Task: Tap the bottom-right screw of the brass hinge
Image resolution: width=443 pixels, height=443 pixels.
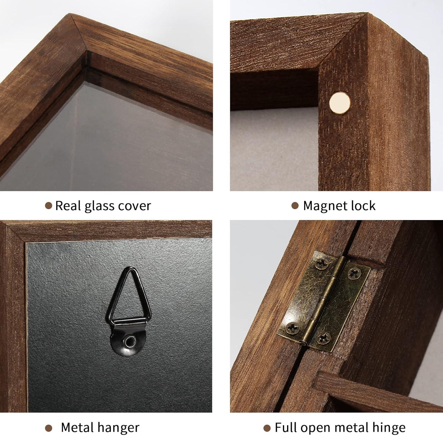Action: tap(324, 338)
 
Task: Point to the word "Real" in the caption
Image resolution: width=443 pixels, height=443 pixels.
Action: tap(67, 206)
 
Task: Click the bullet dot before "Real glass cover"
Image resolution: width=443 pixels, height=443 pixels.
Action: tap(48, 206)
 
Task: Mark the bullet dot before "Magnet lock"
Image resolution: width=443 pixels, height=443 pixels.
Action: tap(295, 206)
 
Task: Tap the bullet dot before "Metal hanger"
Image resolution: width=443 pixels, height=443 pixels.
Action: tap(49, 428)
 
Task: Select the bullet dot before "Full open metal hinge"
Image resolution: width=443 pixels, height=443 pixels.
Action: tap(267, 428)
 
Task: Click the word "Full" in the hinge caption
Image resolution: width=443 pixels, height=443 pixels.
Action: tap(284, 428)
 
